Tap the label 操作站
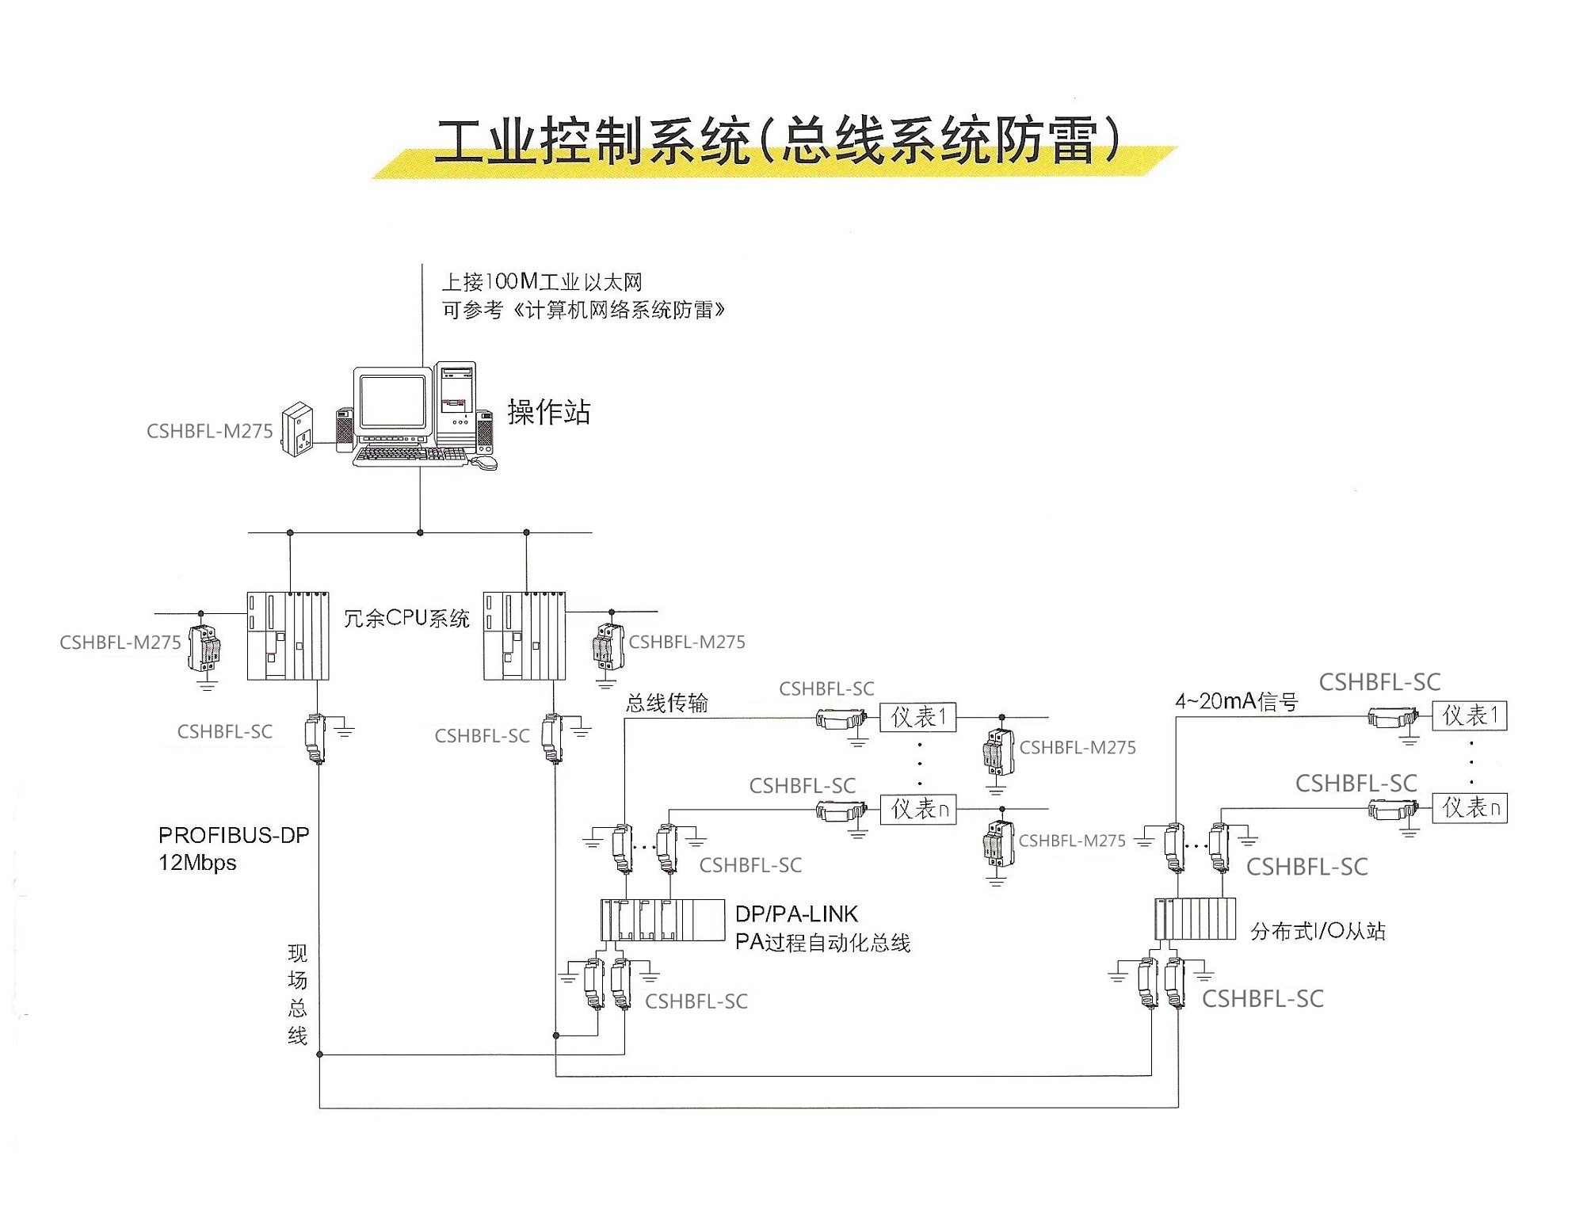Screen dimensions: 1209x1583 click(548, 412)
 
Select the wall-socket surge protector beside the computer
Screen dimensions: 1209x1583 click(297, 429)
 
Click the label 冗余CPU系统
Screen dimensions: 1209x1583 click(406, 618)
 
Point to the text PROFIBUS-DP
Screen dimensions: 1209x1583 click(234, 835)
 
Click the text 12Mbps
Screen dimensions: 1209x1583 click(197, 863)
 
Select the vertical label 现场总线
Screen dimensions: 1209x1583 click(297, 994)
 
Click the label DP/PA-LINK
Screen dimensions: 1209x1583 click(796, 914)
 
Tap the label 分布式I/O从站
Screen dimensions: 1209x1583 click(1318, 931)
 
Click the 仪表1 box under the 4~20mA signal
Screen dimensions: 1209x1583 click(1469, 716)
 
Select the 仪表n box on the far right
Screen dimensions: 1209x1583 click(1469, 808)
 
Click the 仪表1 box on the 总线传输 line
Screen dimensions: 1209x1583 click(917, 718)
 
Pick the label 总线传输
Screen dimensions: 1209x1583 click(666, 703)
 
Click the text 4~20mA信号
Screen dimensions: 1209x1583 click(1236, 701)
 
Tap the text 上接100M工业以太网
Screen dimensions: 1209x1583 click(542, 282)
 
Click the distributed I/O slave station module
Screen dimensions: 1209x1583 click(1195, 919)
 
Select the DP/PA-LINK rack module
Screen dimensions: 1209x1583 click(662, 920)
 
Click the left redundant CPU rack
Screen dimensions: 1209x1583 click(288, 636)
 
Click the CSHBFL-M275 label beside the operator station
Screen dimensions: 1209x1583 click(209, 431)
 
